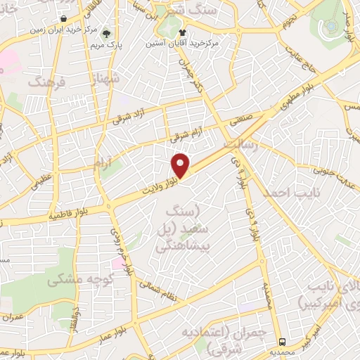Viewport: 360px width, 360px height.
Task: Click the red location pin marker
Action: pos(181,166)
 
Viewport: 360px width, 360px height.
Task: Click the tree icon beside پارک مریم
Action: pos(106,34)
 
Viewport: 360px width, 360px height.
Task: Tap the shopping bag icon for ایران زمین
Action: pos(64,19)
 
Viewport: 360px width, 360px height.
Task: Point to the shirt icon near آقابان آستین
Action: pos(184,32)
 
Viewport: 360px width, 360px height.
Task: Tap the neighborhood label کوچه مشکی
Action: pos(75,280)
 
